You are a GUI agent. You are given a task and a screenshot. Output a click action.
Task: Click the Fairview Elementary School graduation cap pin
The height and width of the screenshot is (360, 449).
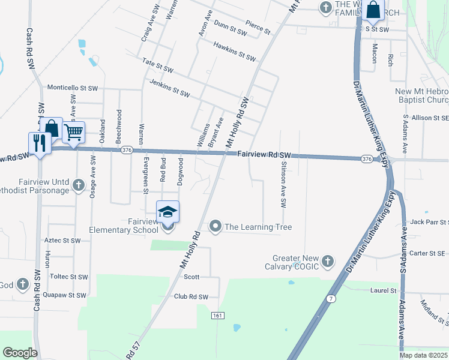(x=168, y=212)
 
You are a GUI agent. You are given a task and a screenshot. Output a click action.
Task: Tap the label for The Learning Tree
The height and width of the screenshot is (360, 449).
(x=258, y=227)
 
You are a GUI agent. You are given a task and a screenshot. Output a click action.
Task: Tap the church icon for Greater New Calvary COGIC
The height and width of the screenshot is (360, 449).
(x=327, y=261)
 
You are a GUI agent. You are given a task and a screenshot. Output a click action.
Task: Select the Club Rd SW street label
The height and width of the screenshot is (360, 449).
(x=191, y=297)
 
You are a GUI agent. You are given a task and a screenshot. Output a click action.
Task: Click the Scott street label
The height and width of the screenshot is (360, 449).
(x=191, y=277)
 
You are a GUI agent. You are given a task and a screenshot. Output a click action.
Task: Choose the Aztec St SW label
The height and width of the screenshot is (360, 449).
(x=62, y=240)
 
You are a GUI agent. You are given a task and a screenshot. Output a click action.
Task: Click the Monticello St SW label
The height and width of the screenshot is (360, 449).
(x=72, y=88)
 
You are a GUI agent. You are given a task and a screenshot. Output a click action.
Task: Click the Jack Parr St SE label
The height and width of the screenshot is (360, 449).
(x=429, y=222)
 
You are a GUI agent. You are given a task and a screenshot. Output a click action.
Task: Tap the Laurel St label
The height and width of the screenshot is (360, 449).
(x=384, y=290)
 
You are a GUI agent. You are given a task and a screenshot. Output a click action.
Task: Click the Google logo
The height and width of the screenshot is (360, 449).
(x=20, y=352)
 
